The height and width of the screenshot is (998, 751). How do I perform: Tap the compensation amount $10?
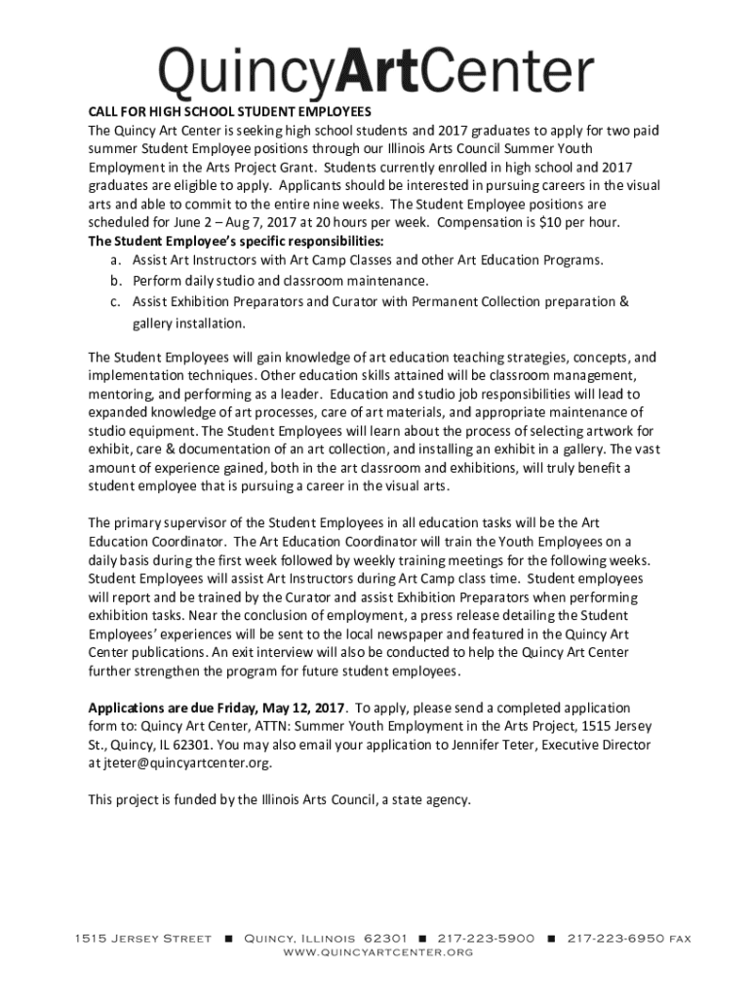pos(551,222)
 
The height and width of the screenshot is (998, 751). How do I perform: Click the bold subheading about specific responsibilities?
pos(236,241)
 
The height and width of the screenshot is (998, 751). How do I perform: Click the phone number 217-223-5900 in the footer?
pos(486,939)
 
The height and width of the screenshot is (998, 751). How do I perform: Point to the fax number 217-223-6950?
pos(617,939)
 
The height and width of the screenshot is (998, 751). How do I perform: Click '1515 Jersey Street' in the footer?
pos(142,939)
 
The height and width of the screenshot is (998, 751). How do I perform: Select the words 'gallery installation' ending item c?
pos(182,323)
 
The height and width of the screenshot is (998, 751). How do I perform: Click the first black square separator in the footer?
pos(227,939)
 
